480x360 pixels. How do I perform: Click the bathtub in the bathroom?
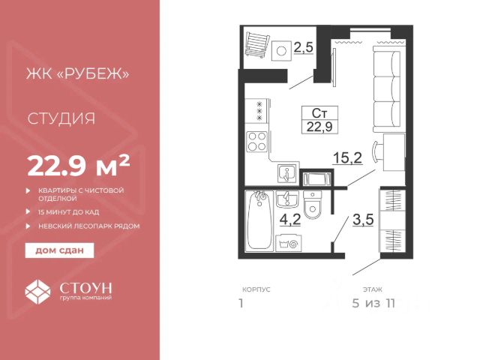259,220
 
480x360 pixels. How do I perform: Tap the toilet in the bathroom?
313,205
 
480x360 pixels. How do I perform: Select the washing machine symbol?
288,243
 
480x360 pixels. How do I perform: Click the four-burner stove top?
256,142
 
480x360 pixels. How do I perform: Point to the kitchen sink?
287,173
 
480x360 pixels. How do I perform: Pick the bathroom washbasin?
286,199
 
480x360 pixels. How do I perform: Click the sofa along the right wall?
387,89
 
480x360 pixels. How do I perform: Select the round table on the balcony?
282,51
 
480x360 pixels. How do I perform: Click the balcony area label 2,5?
304,47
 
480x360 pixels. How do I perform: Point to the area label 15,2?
348,158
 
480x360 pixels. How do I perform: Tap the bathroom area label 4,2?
290,220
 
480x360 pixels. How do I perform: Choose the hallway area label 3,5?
363,220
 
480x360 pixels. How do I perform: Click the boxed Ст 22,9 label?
319,120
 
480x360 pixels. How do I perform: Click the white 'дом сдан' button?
59,250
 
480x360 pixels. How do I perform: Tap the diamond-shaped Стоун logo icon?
37,291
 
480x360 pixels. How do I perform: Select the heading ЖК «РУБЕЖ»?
78,74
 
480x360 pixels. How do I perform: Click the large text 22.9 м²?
79,166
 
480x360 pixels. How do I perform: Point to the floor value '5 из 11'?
373,303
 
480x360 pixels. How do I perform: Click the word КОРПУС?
256,289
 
